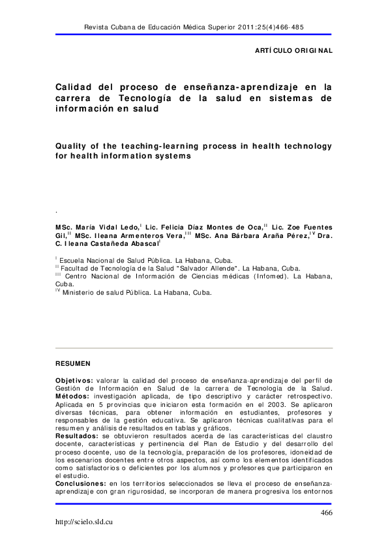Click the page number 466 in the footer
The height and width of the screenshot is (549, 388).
[327, 513]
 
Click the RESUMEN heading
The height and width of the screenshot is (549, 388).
[73, 363]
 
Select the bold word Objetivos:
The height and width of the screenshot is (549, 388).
[74, 380]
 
